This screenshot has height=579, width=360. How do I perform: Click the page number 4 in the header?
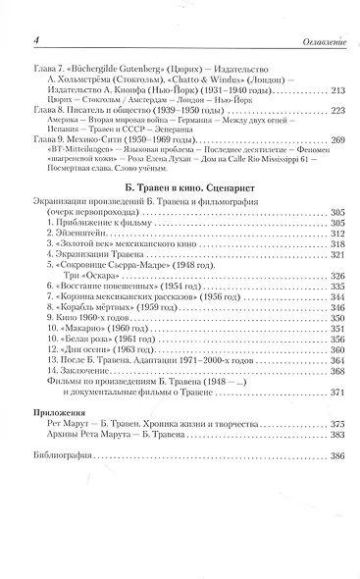(x=34, y=38)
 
